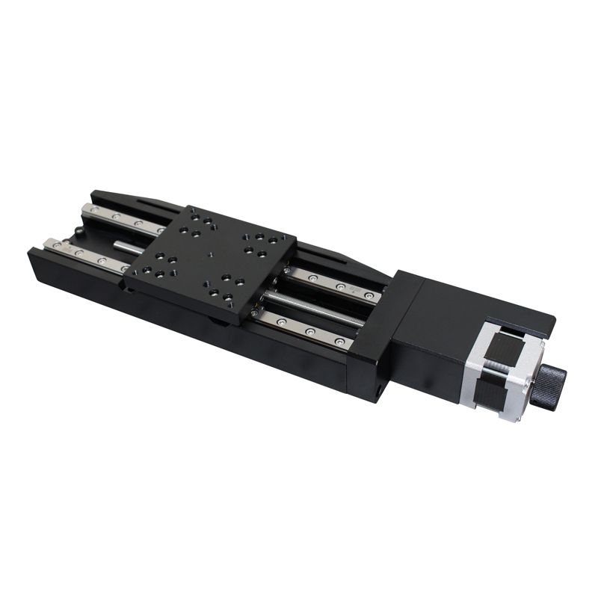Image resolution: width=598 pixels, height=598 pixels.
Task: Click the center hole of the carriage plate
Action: (211, 255)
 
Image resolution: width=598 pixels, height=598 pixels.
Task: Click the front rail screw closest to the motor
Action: (339, 342)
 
